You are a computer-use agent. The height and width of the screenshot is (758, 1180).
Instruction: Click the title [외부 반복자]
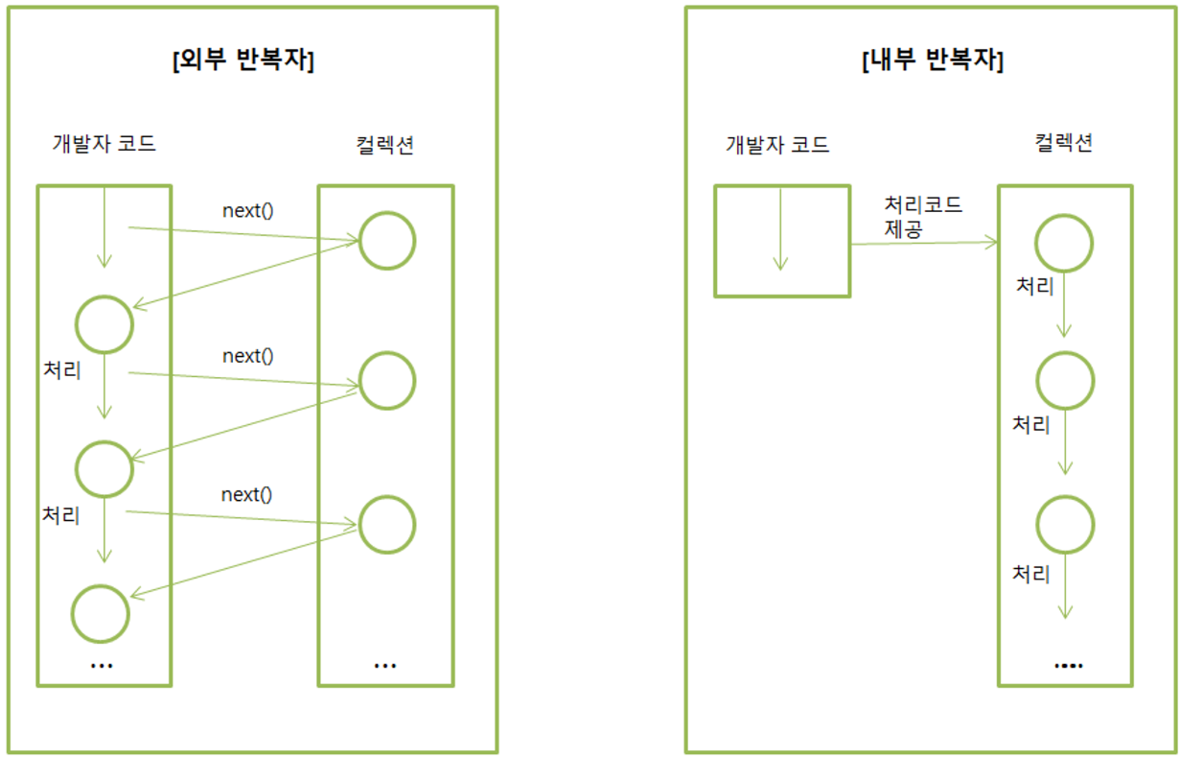coord(243,61)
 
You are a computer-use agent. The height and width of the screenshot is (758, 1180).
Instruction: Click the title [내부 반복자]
coord(933,61)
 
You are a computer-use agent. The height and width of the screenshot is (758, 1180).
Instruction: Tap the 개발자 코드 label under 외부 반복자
coord(104,144)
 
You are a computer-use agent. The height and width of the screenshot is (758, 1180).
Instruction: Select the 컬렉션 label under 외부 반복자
coord(384,144)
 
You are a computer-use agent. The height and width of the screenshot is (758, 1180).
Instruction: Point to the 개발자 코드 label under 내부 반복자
coord(777,145)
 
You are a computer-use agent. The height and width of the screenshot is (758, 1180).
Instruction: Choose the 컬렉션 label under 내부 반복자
coord(1064,144)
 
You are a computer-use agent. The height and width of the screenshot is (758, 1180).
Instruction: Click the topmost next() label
coord(247,210)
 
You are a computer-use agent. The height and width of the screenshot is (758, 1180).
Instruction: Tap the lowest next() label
coord(246,495)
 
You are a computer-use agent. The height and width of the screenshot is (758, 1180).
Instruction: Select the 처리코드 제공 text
coord(922,217)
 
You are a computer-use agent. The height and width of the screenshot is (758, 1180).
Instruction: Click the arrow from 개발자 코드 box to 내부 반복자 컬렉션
coord(924,244)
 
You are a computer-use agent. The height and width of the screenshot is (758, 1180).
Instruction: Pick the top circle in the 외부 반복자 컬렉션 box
coord(386,240)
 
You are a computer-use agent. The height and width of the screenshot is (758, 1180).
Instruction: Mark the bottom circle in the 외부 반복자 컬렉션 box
coord(386,524)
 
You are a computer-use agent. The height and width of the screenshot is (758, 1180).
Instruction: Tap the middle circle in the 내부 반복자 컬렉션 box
coord(1064,381)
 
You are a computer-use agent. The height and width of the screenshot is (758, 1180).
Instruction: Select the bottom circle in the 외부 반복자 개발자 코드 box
coord(101,613)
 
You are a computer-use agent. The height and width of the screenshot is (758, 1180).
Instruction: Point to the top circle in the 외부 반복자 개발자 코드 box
coord(104,324)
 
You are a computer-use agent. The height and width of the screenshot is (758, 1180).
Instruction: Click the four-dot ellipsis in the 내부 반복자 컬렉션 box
coord(1068,665)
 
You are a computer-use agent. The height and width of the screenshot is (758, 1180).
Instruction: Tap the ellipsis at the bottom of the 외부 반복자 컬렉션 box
coord(384,665)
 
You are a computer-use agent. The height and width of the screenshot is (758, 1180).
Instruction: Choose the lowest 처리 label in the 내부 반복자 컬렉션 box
coord(1031,574)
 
